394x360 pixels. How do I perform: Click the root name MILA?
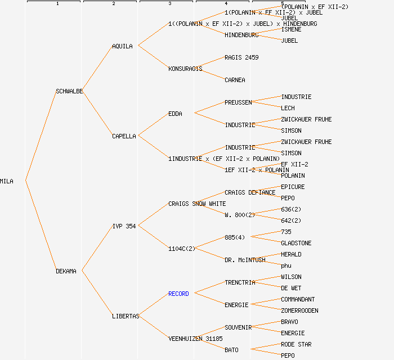click(7, 181)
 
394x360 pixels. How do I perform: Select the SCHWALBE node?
click(69, 91)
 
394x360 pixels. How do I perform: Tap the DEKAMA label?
click(66, 271)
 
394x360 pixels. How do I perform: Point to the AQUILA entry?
click(122, 46)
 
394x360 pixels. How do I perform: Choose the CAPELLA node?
click(124, 136)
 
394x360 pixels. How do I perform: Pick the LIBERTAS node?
click(125, 316)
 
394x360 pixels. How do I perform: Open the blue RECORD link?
click(178, 294)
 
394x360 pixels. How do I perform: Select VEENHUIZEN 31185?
click(195, 339)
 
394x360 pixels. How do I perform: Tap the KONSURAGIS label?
click(185, 69)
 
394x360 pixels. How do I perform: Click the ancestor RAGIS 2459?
click(241, 57)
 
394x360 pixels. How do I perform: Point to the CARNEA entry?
click(235, 80)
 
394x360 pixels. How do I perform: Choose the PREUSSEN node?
click(238, 102)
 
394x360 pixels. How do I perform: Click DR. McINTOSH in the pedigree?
click(245, 260)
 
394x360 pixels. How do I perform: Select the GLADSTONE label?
click(296, 243)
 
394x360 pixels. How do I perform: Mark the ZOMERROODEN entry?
click(299, 310)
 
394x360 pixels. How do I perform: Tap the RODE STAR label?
click(296, 344)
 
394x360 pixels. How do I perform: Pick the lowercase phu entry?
click(286, 265)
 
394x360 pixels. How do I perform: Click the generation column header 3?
click(169, 4)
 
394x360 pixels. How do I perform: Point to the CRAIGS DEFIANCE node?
click(250, 192)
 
